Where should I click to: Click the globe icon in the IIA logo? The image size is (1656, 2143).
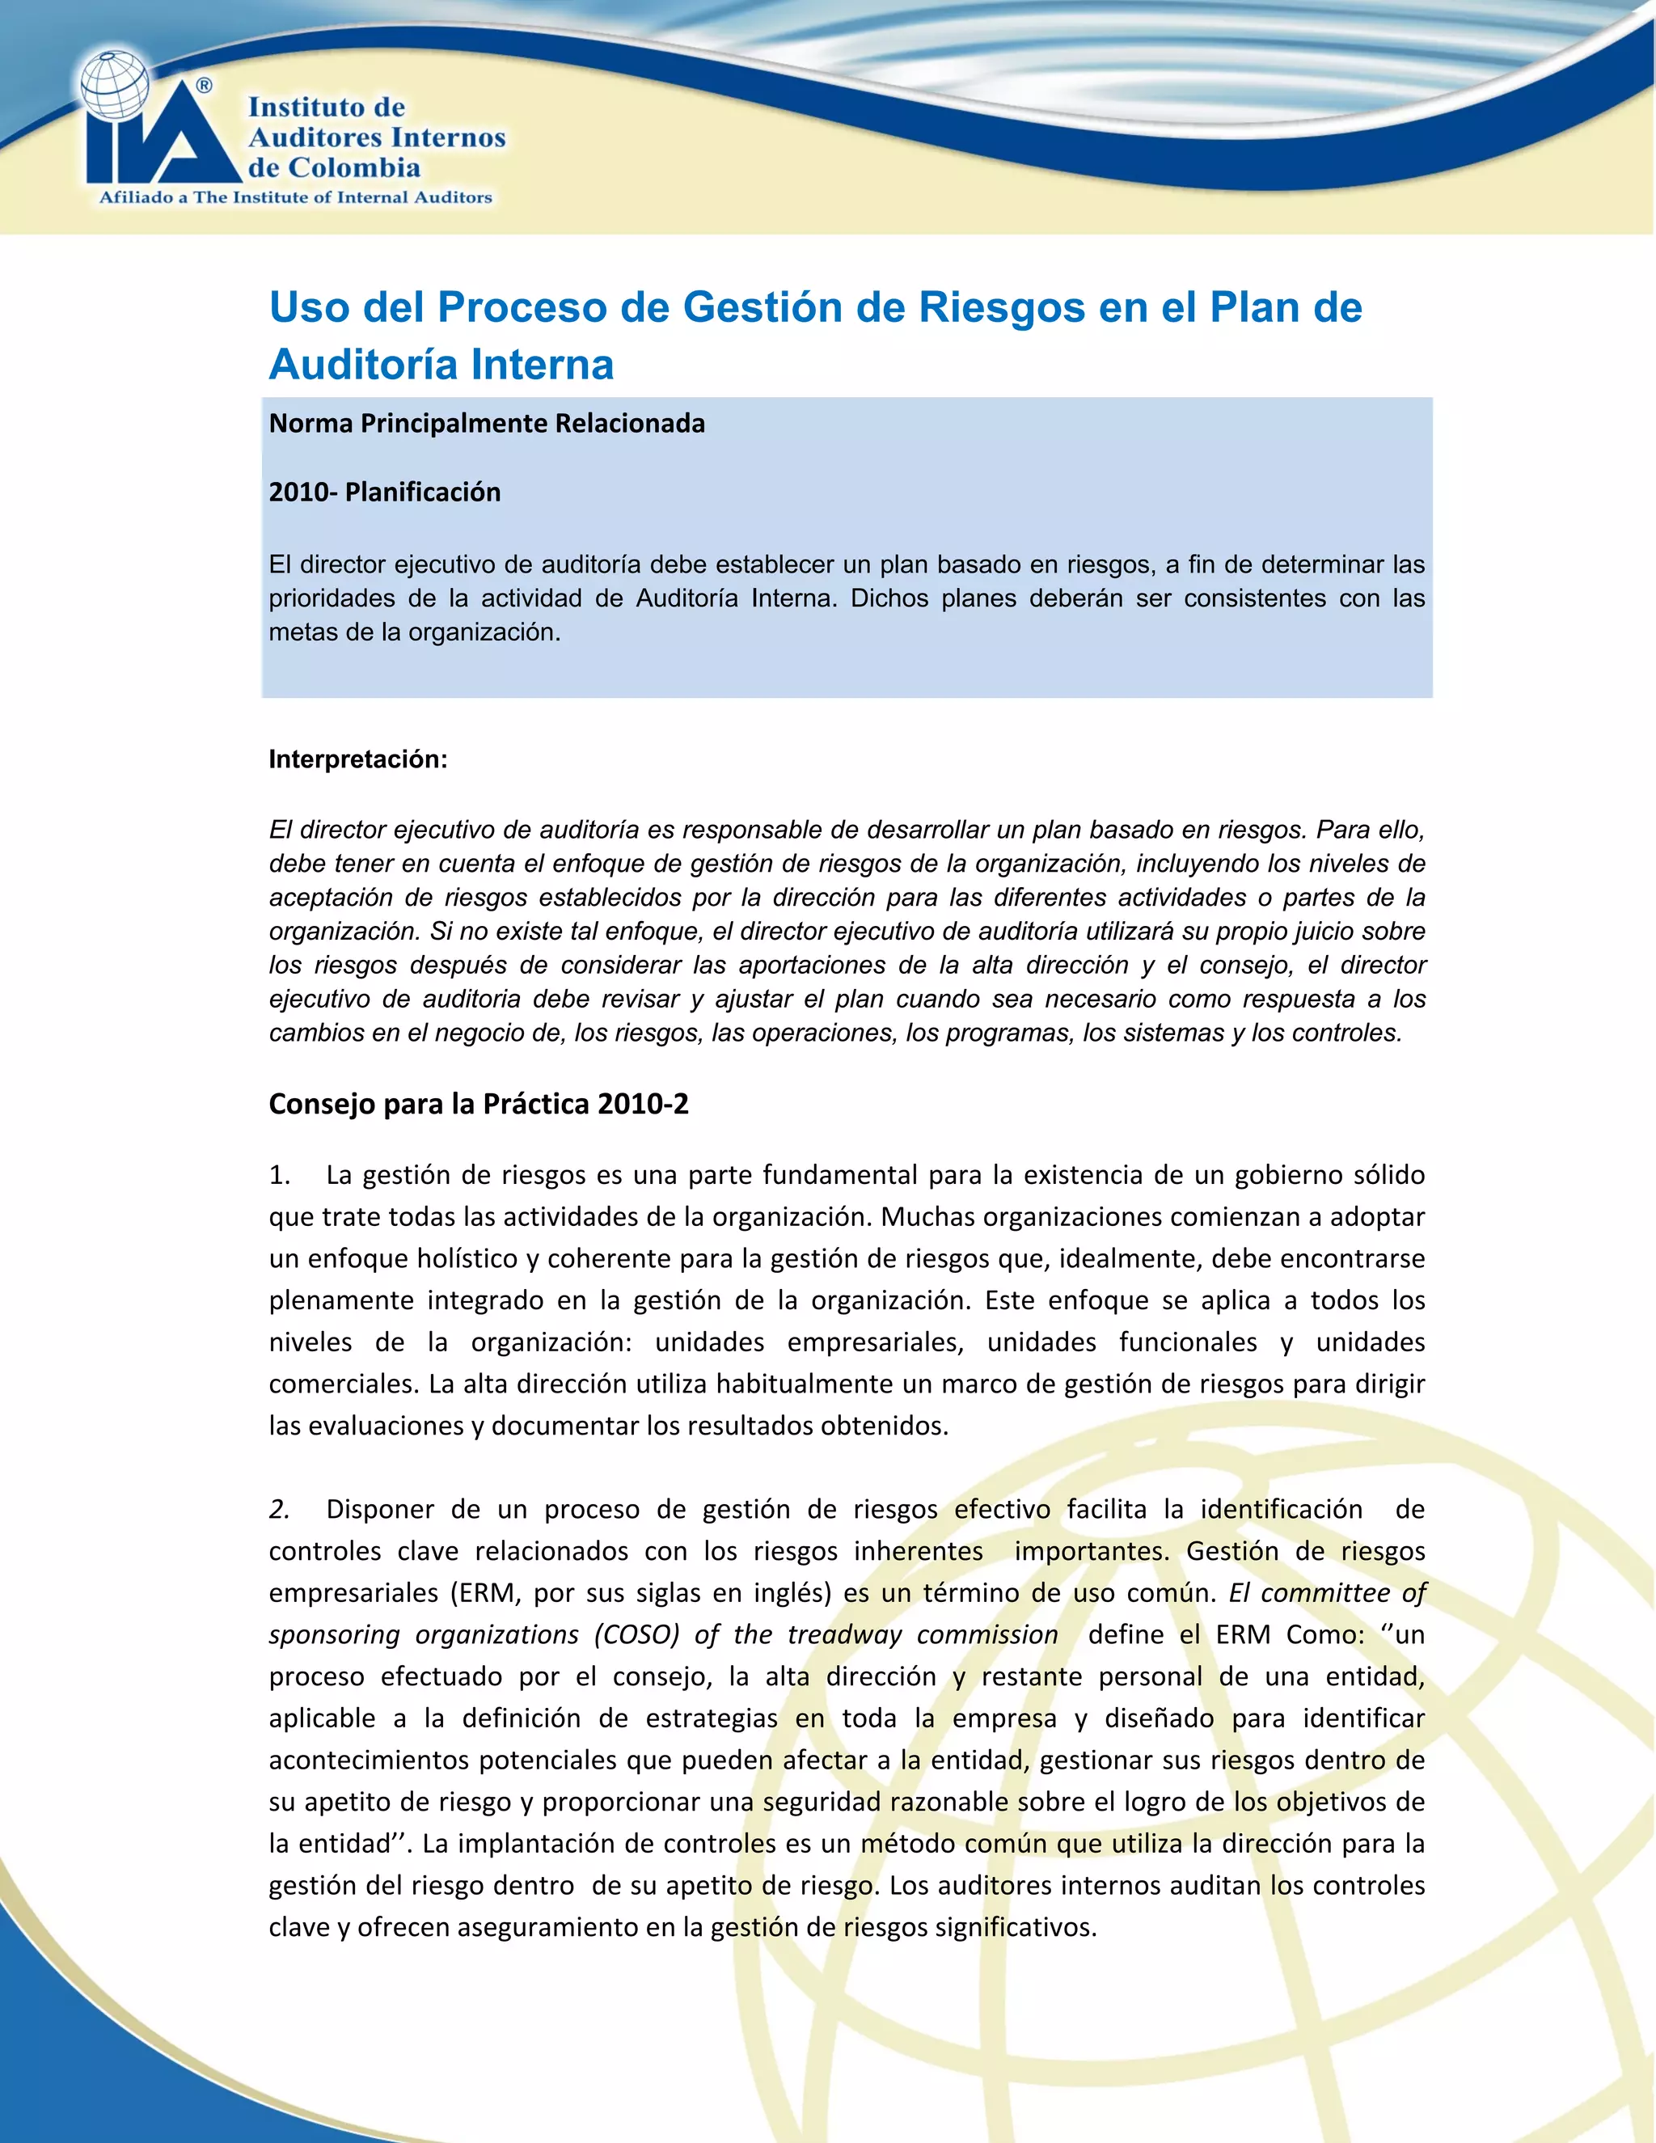[x=115, y=87]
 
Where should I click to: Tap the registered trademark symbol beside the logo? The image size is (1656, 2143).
[x=204, y=86]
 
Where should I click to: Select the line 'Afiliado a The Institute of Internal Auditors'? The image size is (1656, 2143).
[x=295, y=197]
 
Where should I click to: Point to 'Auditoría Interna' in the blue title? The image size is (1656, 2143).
[x=441, y=364]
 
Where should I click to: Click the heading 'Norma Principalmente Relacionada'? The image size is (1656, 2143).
[x=487, y=423]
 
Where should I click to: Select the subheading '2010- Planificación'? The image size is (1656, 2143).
[x=385, y=492]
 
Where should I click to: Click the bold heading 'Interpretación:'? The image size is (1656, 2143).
[x=358, y=759]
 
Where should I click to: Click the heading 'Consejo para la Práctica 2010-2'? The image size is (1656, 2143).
[x=479, y=1104]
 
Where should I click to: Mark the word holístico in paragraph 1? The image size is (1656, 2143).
[x=460, y=1259]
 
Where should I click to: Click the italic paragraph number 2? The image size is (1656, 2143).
[x=279, y=1509]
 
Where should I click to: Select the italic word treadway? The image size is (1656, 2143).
[x=845, y=1634]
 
